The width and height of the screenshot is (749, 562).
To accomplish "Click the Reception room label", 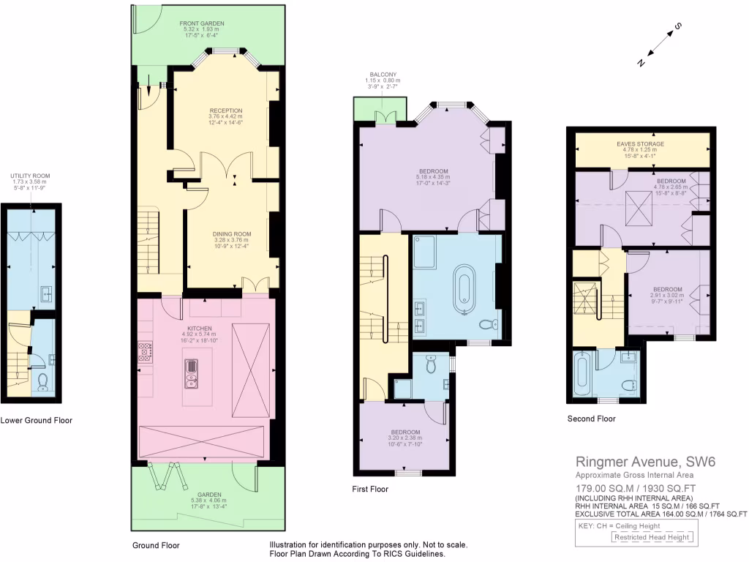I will [x=225, y=110].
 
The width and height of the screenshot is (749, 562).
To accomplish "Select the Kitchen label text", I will [x=199, y=329].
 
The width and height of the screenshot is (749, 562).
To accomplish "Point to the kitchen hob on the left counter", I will [x=144, y=353].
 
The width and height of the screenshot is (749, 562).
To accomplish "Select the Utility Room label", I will [x=30, y=176].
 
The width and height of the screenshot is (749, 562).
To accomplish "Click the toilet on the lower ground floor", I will [x=43, y=381].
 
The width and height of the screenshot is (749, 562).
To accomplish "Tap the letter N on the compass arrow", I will [x=641, y=63].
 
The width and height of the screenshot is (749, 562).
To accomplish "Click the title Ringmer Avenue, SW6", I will [x=639, y=462].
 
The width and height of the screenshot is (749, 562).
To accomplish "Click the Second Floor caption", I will [x=591, y=419].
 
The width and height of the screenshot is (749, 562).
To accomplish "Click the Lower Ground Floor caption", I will [x=36, y=420].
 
